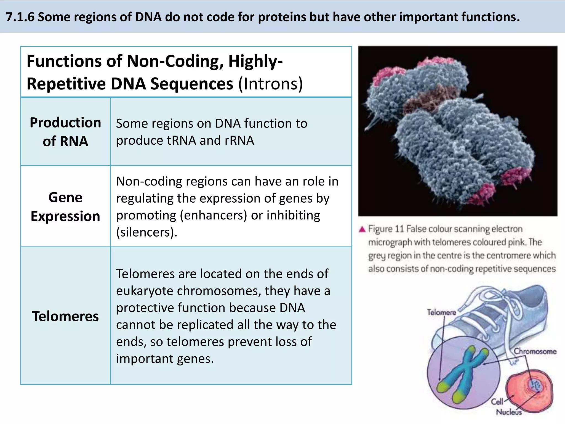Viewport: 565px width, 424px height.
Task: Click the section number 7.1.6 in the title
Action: tap(20, 17)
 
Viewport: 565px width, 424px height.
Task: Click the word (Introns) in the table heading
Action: tap(270, 84)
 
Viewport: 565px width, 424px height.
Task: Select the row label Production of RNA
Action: tap(65, 132)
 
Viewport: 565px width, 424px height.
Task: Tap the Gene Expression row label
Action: tap(65, 206)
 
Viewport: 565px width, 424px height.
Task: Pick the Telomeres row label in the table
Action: tap(65, 316)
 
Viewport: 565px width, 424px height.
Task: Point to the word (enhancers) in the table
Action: tap(213, 215)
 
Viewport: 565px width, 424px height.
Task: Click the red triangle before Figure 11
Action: tap(362, 229)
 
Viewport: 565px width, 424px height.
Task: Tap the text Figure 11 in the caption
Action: tap(386, 229)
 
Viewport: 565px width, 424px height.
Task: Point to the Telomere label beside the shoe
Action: tap(441, 312)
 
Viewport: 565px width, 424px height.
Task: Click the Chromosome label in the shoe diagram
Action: tap(535, 351)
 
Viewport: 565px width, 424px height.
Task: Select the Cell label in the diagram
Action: tap(497, 401)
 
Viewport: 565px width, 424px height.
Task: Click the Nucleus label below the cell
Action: tap(509, 412)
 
